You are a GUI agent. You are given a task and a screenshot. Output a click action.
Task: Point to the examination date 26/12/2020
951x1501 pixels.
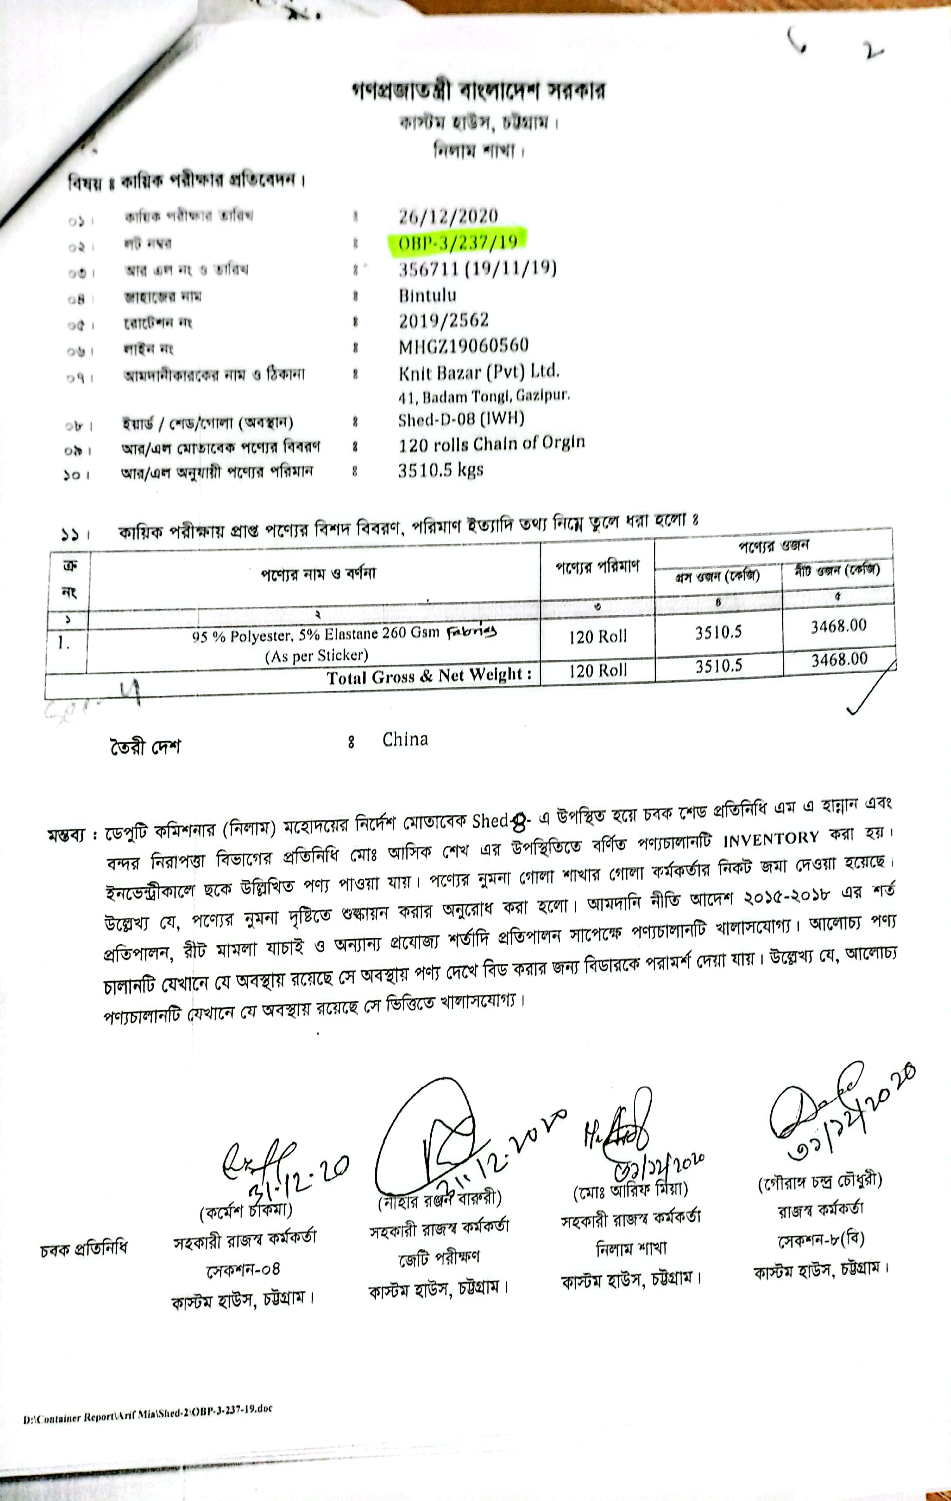point(448,216)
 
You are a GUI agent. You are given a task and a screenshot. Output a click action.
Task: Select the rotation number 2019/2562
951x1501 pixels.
point(444,320)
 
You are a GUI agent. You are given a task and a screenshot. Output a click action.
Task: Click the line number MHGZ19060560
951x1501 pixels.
point(464,346)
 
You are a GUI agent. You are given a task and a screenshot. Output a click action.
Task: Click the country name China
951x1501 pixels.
point(405,740)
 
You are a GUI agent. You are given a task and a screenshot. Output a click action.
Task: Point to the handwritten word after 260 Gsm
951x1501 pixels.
point(472,632)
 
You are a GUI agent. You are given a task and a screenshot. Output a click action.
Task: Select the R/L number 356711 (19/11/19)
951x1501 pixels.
point(477,269)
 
